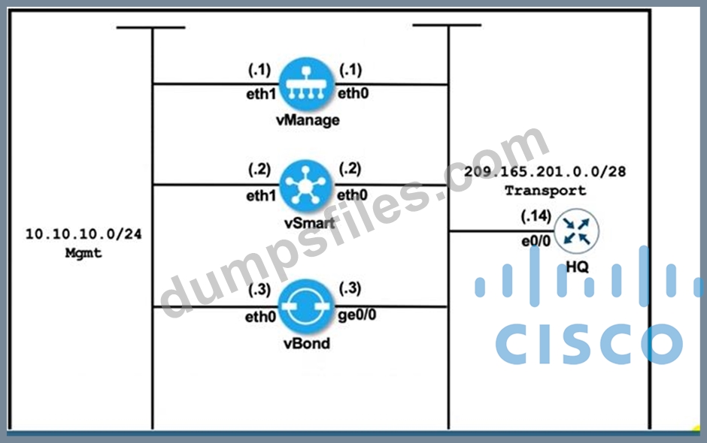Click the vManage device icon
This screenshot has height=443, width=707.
[306, 84]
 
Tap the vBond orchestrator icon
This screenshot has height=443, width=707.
[306, 306]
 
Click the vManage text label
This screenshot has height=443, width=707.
[306, 120]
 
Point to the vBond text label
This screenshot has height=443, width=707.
[306, 345]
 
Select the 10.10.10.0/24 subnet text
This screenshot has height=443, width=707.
[83, 234]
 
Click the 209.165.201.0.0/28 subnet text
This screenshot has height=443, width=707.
[545, 172]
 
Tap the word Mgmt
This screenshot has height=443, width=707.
[83, 253]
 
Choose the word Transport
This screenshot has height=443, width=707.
[545, 191]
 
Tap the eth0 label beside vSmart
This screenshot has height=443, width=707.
[352, 194]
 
